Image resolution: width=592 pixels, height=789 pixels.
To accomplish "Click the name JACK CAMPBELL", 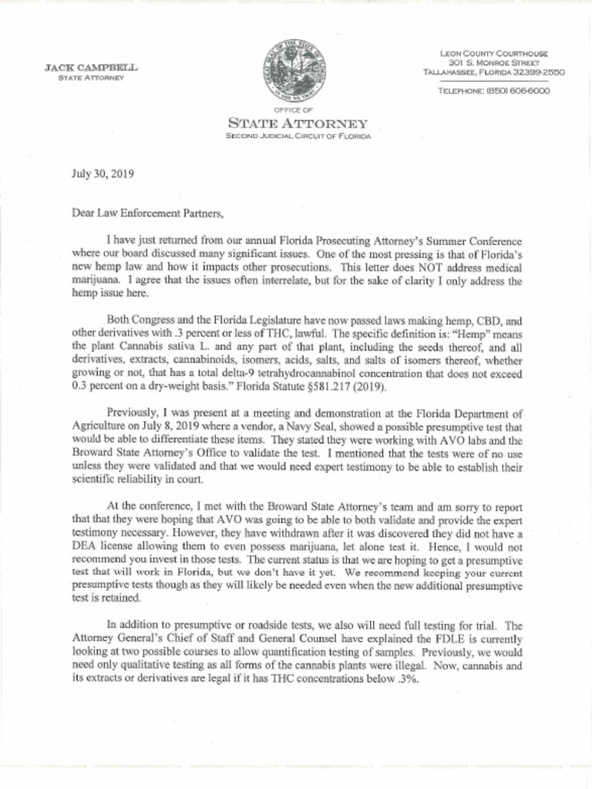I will [x=91, y=68].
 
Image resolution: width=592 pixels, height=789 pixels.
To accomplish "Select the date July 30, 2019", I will [x=103, y=173].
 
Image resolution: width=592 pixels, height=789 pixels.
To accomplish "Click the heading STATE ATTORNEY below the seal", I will [x=297, y=123].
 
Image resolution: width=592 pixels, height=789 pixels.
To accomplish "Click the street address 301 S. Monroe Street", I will [x=493, y=62].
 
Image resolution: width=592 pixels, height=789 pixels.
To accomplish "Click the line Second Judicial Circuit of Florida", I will [x=298, y=136].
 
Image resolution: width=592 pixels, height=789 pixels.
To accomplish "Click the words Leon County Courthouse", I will [x=494, y=53].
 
